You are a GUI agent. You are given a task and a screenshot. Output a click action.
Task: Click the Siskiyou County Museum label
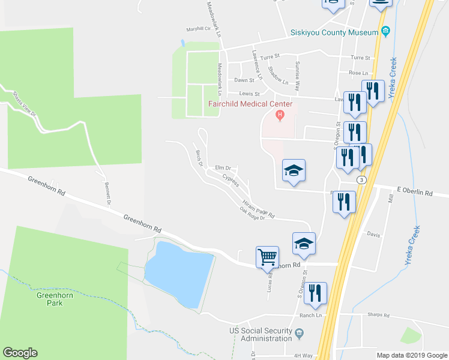tap(333, 33)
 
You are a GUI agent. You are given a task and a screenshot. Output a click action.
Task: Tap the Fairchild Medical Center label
tap(250, 104)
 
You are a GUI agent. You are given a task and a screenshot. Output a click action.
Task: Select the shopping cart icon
tap(267, 257)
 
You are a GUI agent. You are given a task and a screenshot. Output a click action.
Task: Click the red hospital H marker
tap(279, 114)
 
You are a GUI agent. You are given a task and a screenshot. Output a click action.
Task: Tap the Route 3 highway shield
tap(361, 179)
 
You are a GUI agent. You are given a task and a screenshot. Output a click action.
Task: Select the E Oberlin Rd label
tap(415, 193)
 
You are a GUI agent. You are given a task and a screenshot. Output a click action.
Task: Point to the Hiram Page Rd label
tap(259, 208)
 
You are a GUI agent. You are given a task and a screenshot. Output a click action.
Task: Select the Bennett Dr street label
tap(108, 193)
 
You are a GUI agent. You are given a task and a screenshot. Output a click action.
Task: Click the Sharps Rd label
tap(378, 316)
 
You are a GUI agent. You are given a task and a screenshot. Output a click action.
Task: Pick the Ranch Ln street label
tap(311, 315)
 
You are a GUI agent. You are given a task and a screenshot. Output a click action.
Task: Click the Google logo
tap(20, 353)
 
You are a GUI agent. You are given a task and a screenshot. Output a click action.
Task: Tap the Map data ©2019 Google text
tap(411, 355)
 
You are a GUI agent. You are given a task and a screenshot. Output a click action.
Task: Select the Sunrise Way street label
tap(297, 76)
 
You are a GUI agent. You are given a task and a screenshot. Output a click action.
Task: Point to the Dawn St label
tap(244, 80)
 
